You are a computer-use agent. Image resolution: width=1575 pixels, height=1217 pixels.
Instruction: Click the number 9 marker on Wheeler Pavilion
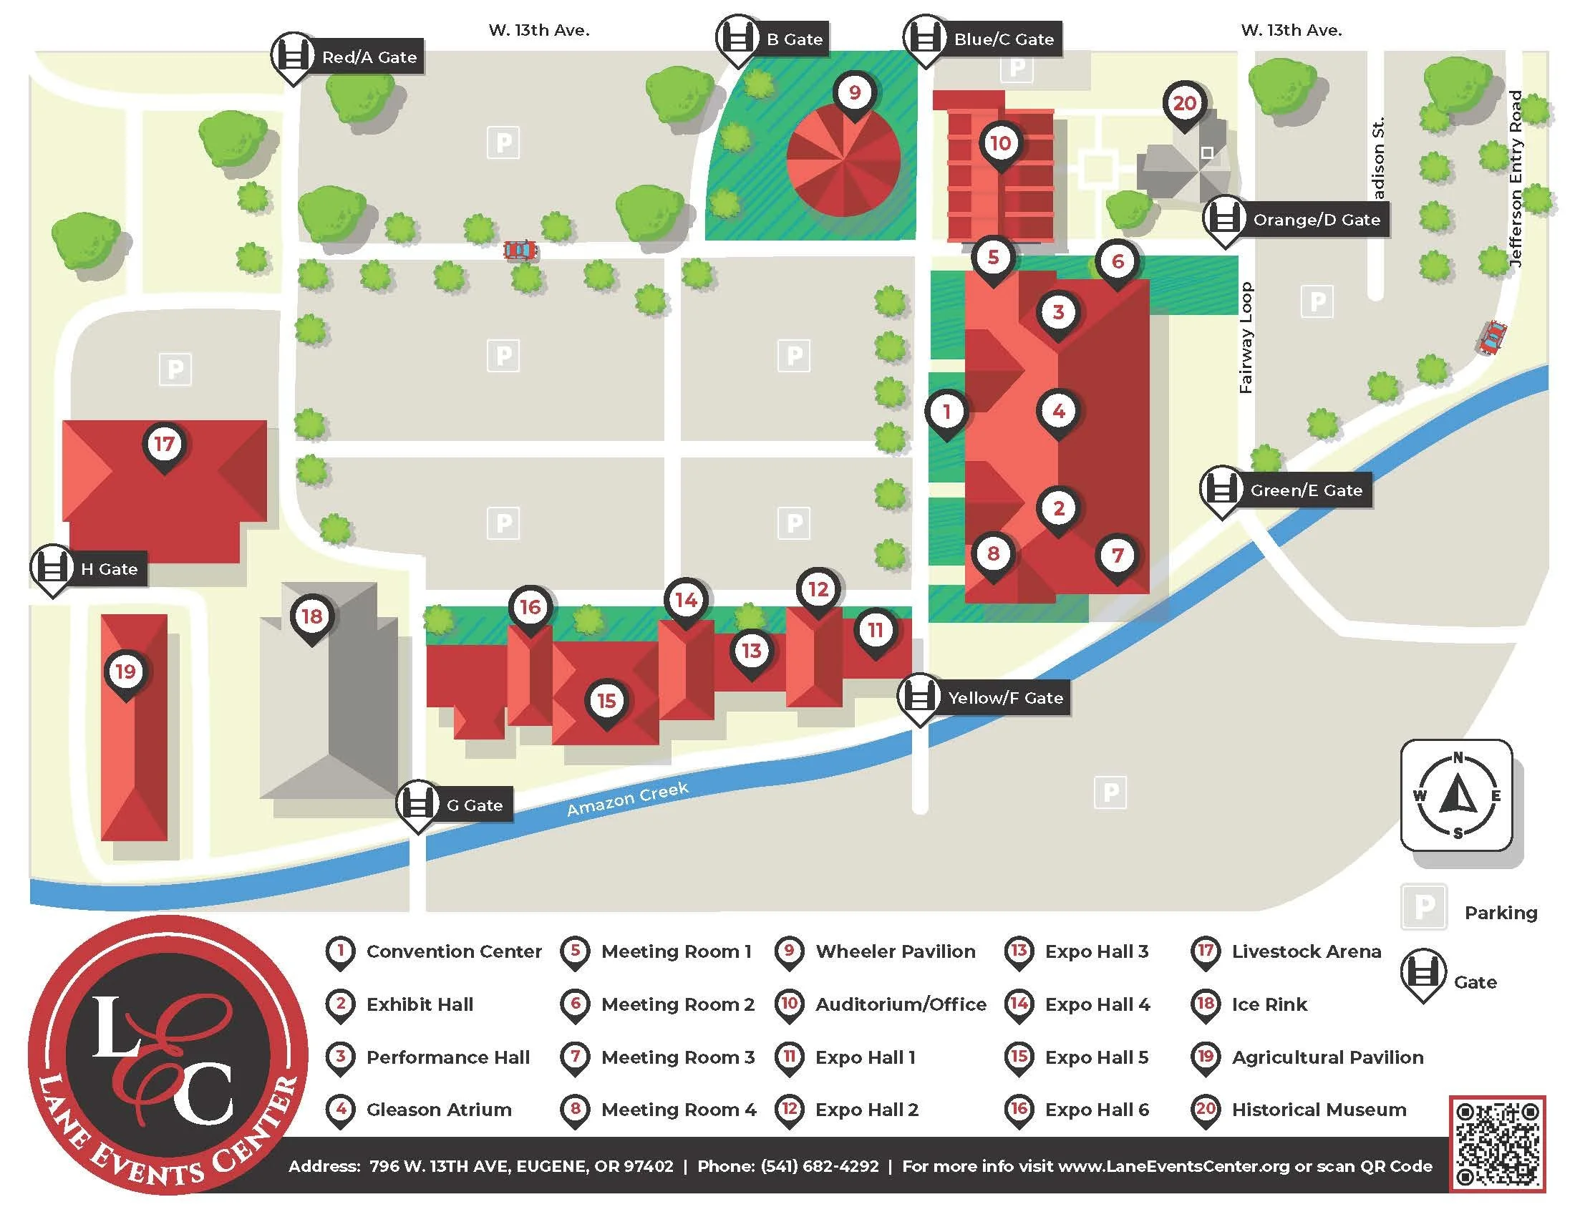[855, 92]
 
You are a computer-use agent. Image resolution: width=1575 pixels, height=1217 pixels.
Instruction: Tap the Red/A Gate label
[369, 57]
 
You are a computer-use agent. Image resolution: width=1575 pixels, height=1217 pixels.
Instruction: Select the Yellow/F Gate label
[1004, 697]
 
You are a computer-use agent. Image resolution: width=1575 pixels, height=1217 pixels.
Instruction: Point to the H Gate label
[109, 569]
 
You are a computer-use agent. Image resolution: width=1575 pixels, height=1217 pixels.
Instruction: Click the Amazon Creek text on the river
[627, 799]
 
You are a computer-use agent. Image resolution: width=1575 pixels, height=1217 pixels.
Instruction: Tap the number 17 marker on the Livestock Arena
[165, 443]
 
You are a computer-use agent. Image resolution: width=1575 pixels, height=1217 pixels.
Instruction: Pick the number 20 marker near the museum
[1185, 103]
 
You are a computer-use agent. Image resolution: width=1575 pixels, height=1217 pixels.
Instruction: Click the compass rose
[1457, 795]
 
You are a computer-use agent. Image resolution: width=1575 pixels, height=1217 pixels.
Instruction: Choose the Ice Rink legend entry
[1269, 1004]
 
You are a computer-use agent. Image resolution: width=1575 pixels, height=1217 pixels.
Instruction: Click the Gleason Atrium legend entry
[438, 1109]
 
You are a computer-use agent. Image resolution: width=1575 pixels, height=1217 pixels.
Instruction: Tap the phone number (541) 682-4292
[819, 1165]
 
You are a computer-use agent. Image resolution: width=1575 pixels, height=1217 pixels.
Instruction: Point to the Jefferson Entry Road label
[1516, 179]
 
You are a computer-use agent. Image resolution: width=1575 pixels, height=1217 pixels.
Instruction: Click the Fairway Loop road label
[1246, 337]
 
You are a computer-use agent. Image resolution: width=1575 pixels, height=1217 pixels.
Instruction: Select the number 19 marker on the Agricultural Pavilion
[126, 672]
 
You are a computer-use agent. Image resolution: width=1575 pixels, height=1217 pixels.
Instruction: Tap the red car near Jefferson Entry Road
[1491, 336]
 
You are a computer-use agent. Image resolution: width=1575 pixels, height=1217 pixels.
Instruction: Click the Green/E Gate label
[1305, 490]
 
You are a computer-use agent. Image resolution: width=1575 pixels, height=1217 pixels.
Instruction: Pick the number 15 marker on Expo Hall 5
[606, 700]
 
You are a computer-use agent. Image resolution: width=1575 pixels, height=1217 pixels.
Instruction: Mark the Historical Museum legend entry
[1318, 1109]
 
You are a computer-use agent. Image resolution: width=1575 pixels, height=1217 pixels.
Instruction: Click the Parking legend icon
[1424, 906]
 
